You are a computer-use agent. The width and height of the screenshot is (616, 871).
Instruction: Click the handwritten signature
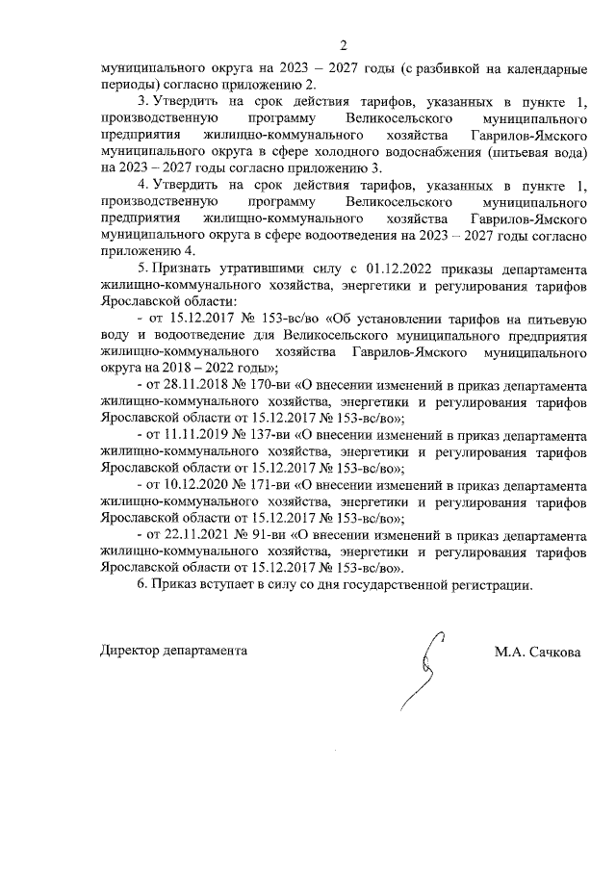(424, 673)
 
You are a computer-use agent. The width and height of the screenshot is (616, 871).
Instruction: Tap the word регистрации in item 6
(486, 585)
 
